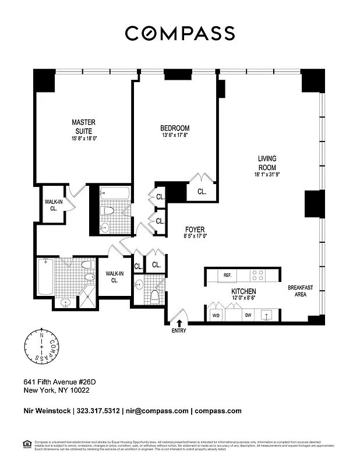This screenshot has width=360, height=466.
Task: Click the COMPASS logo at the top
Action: point(180,33)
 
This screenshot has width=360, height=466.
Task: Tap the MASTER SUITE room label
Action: point(83,126)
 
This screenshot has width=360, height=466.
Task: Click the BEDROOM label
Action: point(175,128)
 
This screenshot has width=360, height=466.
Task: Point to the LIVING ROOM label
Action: point(267,163)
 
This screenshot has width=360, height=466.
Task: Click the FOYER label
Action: point(195,230)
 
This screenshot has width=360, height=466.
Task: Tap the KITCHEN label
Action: point(243,291)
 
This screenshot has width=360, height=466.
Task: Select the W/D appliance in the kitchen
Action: point(216,315)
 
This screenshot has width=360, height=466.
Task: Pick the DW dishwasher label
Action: point(248,315)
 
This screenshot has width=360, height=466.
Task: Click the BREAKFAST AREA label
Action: point(300,291)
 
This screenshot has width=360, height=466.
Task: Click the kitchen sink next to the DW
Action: point(269,315)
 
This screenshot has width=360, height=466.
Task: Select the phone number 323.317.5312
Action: point(98,411)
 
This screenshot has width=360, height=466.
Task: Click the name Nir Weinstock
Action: point(47,411)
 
